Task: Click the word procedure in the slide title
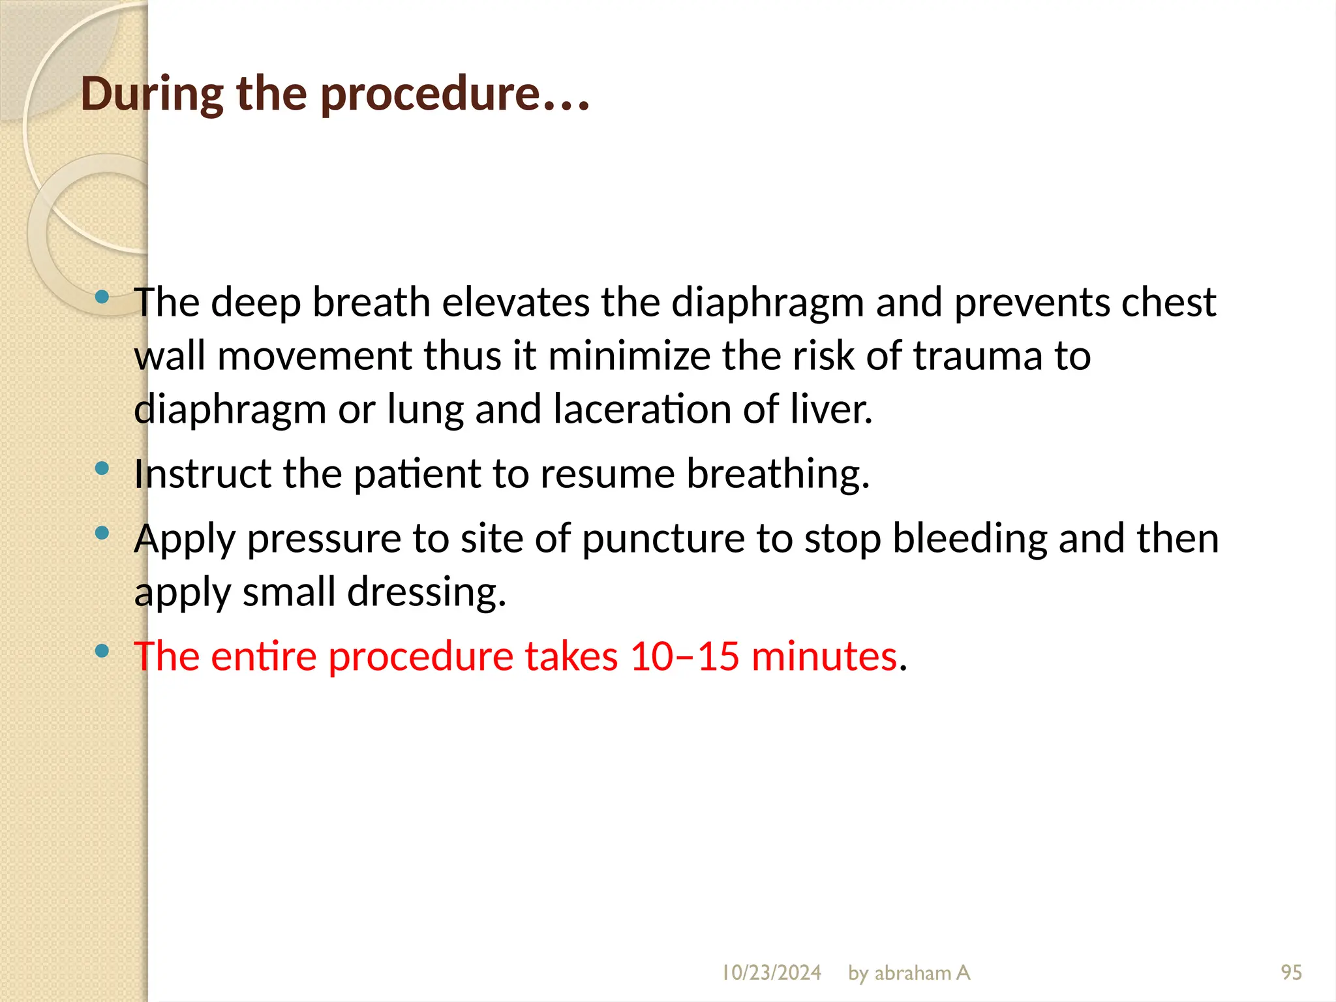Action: coord(431,95)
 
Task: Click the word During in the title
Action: coord(152,95)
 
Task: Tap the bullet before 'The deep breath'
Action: coord(102,297)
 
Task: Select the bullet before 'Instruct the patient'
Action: coord(102,468)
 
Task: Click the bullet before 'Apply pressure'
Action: coord(102,533)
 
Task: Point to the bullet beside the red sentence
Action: coord(102,650)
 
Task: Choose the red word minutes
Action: coord(824,656)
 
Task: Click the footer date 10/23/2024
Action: coord(771,973)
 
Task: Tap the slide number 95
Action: coord(1291,973)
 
